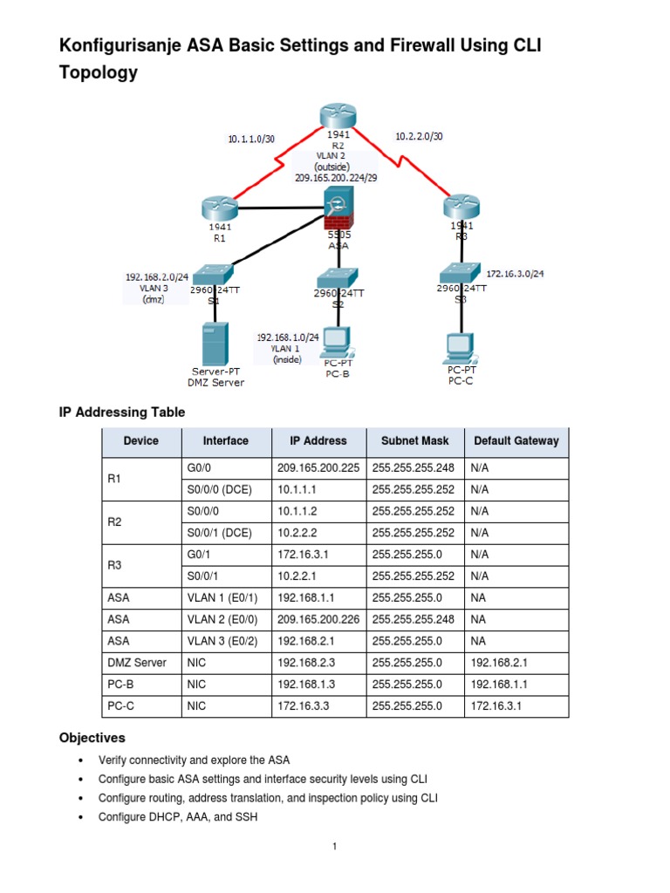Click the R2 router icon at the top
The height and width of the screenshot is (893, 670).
(337, 117)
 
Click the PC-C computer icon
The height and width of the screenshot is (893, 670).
(460, 346)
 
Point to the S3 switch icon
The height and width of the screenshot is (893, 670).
(460, 270)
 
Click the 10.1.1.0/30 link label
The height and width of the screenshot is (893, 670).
(251, 138)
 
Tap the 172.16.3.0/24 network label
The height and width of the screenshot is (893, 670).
(514, 273)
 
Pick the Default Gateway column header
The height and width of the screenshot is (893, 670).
(516, 441)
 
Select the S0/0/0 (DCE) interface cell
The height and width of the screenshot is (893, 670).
(219, 489)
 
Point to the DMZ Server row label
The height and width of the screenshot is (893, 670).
(138, 663)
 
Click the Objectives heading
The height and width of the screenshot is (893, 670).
(92, 738)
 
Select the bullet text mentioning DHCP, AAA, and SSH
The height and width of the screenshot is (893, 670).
(178, 817)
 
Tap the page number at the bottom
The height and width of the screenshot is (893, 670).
(335, 847)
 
